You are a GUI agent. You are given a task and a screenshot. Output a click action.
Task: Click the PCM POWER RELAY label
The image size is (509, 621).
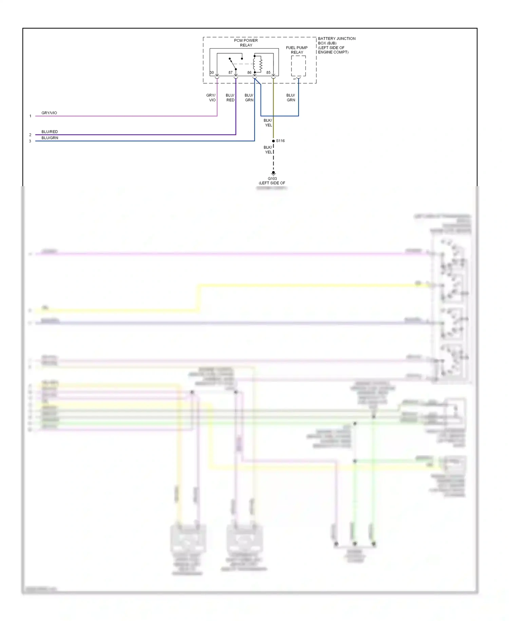click(x=246, y=43)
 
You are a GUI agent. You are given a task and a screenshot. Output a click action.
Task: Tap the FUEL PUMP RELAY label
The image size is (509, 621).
click(x=297, y=50)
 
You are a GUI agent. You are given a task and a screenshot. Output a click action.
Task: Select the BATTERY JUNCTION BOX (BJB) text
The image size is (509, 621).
click(x=336, y=41)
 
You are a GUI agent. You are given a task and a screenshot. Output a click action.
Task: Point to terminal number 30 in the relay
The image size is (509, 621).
click(x=212, y=73)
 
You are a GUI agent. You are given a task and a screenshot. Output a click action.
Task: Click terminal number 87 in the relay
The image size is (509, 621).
click(x=230, y=73)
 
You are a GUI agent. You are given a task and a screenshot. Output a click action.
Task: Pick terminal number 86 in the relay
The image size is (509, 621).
click(x=249, y=73)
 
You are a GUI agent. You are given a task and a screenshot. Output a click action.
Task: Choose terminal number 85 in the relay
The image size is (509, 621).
click(x=268, y=73)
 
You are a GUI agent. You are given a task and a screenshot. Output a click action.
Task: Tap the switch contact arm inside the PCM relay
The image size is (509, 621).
click(x=233, y=64)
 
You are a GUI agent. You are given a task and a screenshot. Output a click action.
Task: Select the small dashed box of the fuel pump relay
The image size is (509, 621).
click(x=298, y=66)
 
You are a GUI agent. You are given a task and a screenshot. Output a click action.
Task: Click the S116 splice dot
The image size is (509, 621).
click(x=274, y=141)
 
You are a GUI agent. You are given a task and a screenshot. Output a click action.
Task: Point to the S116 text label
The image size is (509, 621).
click(x=280, y=141)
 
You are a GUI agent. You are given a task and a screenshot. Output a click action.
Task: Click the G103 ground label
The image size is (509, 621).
click(x=272, y=179)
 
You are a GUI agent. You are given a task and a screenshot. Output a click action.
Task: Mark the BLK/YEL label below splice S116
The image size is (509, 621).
click(x=268, y=150)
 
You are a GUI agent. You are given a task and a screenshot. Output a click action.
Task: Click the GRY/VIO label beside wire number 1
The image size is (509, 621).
click(x=49, y=113)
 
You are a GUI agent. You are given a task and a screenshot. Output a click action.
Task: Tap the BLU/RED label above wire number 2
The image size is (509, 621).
click(x=50, y=132)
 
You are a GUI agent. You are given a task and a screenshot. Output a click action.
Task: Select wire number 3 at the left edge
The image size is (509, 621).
click(x=30, y=141)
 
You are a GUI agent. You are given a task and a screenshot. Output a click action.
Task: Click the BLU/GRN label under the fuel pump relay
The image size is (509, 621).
click(x=291, y=98)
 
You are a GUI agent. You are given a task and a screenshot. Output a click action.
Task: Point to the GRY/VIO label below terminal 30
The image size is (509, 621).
click(x=211, y=98)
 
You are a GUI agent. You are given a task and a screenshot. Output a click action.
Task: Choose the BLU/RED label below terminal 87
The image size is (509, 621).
click(x=230, y=98)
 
